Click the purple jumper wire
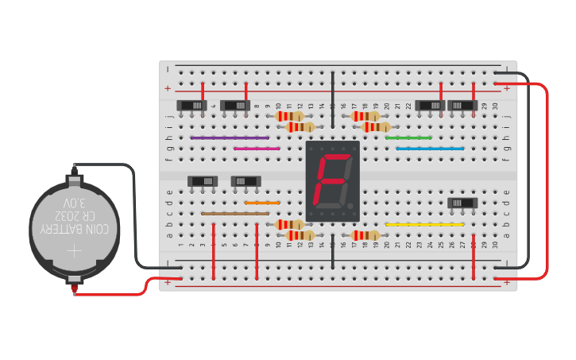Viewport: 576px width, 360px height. pos(230,137)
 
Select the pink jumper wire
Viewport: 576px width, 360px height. pos(257,148)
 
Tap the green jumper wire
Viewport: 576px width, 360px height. pos(408,137)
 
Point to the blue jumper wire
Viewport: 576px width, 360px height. pos(430,148)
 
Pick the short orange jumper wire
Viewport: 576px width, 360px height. pos(257,203)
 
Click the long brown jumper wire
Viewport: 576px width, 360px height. pos(235,214)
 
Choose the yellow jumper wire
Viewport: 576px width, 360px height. pos(424,224)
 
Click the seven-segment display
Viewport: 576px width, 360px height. pos(333,181)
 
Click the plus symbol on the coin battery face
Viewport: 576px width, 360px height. pos(74,252)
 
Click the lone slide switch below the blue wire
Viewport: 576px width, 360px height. pos(462,203)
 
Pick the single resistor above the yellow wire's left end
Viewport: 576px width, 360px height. pos(365,234)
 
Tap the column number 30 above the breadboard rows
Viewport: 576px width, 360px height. pos(495,106)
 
